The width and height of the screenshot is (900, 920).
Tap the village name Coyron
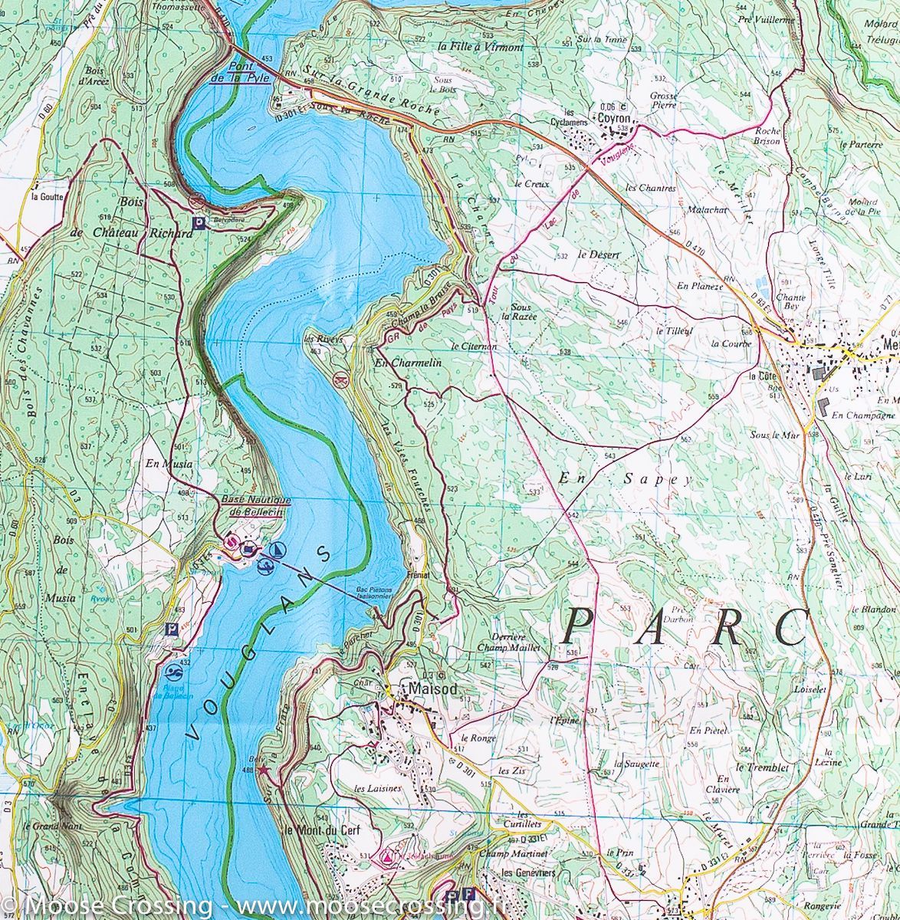coord(613,119)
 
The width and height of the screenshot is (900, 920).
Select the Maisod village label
coord(434,688)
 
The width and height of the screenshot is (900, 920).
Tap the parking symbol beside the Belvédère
coord(199,223)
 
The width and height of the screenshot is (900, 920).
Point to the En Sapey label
coord(626,478)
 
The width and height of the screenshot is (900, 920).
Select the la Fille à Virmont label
coord(480,47)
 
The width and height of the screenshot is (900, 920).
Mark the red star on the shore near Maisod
coord(264,769)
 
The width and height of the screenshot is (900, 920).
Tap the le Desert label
coord(598,254)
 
